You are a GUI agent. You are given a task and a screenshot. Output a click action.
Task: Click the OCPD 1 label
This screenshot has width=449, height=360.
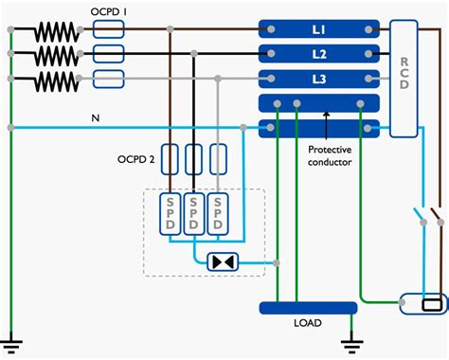point(116,12)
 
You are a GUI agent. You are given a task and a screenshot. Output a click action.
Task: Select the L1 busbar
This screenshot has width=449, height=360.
point(319,30)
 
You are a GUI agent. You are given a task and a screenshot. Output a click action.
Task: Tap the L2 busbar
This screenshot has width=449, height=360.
point(319,53)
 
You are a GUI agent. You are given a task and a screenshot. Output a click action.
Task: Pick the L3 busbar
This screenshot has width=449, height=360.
point(319,78)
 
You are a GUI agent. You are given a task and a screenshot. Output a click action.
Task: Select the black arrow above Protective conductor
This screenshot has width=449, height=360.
point(325,117)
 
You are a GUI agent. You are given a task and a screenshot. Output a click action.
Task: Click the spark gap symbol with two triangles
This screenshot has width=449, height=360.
point(224,261)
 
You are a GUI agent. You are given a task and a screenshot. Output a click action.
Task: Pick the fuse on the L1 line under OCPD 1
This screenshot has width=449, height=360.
point(112,31)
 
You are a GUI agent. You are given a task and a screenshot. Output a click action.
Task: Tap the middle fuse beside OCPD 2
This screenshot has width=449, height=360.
point(194,158)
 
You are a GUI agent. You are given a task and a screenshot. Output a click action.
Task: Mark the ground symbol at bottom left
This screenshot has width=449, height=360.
point(10,343)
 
